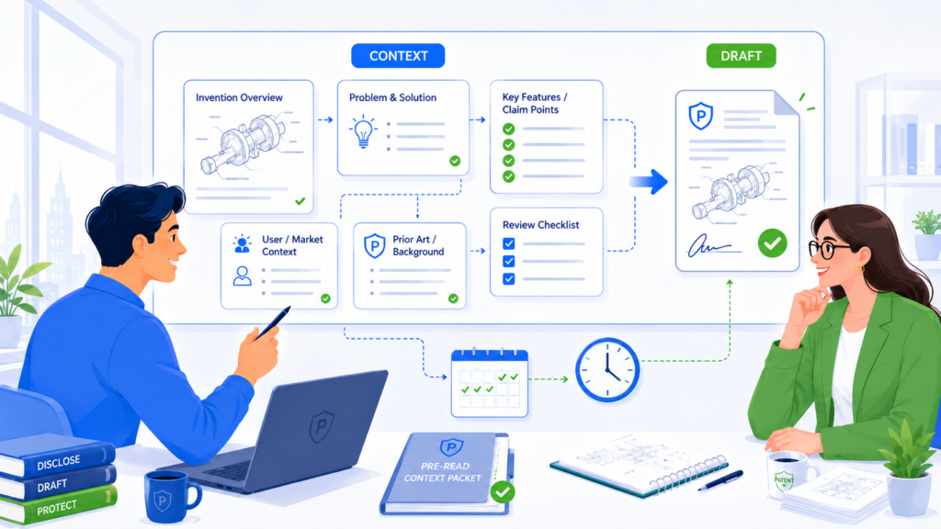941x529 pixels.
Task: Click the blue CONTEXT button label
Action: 398,56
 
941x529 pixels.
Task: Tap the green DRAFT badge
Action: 741,56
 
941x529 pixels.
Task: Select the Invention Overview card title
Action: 239,97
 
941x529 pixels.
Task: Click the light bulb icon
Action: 363,131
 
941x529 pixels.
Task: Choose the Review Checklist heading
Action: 540,225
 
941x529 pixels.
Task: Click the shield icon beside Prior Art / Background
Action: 375,246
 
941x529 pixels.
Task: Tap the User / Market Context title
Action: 292,245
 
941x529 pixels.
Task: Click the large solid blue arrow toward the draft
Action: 649,182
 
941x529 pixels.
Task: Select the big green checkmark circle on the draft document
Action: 772,242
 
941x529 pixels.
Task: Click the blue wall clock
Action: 607,369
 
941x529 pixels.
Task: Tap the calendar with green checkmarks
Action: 489,382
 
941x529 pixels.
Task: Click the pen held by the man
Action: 272,324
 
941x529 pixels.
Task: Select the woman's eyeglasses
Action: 828,249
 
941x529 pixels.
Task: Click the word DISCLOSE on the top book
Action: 58,463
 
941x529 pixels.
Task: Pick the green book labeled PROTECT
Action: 59,506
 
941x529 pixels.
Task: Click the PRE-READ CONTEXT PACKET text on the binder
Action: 444,472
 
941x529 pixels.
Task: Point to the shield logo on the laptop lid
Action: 322,426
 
